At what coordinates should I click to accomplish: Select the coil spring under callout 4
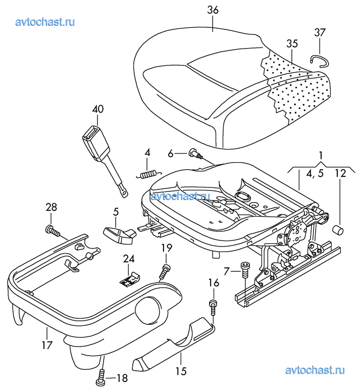[149, 174]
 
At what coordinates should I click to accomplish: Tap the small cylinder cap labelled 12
[338, 229]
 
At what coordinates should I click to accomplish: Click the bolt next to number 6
[195, 153]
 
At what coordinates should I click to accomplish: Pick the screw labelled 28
[53, 230]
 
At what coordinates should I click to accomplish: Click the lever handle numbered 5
[119, 234]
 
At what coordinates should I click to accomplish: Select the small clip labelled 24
[130, 278]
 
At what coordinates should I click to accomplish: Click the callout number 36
[213, 10]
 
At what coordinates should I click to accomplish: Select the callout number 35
[292, 43]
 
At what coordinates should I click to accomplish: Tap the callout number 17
[47, 345]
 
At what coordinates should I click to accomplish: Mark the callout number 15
[181, 371]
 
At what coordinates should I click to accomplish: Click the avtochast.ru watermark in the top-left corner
[45, 22]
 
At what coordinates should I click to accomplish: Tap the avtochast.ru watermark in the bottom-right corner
[315, 370]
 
